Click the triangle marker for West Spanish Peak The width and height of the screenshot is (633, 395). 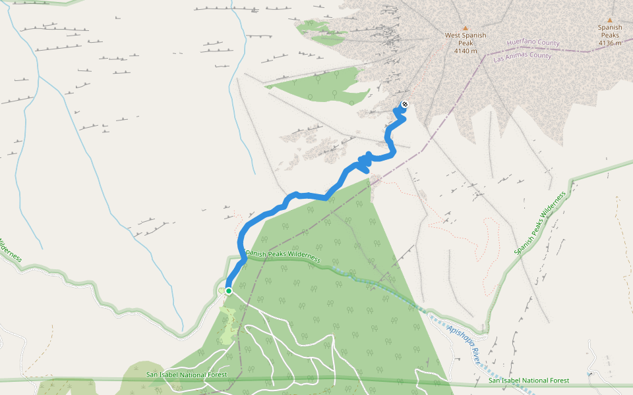pos(465,28)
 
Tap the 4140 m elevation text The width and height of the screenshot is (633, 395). pos(465,51)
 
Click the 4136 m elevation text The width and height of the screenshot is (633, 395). pos(610,43)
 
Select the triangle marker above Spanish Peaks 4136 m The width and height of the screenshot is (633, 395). pos(610,20)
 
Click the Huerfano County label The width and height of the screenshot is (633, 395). pos(533,43)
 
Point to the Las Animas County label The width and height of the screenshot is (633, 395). pos(522,57)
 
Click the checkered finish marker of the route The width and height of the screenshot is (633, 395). pos(404,104)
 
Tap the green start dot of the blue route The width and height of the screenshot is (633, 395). pos(228,290)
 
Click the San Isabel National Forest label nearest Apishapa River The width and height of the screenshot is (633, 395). pos(529,381)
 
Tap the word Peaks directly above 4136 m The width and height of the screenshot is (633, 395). pos(610,35)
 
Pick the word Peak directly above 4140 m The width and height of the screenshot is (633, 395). pos(465,43)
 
